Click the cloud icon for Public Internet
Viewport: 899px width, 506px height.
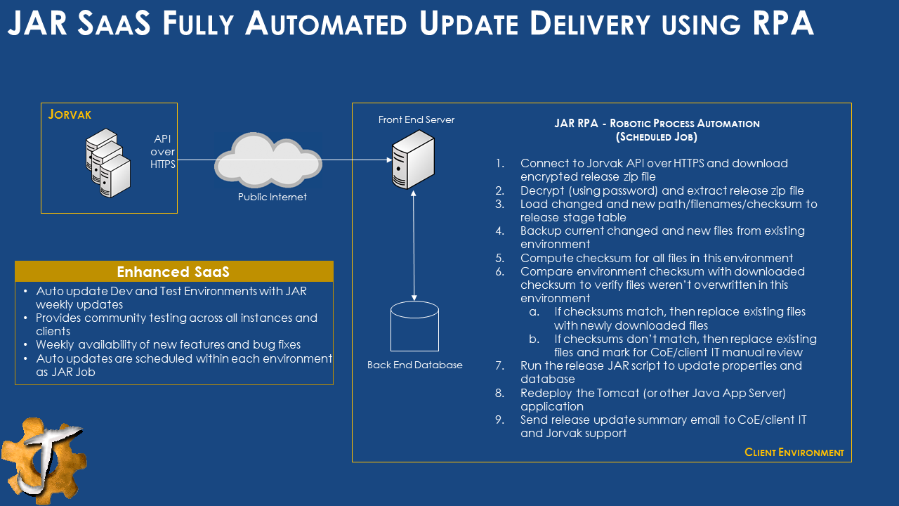pos(268,161)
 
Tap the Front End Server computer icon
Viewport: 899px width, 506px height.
pos(414,159)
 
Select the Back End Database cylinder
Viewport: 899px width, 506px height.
pos(414,325)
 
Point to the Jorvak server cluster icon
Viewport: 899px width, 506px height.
pos(108,163)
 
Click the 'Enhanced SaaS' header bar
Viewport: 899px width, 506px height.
pos(173,272)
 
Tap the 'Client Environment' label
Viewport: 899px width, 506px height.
pos(794,453)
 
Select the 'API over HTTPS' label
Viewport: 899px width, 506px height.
pos(162,152)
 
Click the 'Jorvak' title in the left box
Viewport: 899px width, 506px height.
pos(70,114)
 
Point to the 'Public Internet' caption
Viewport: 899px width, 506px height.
pos(272,197)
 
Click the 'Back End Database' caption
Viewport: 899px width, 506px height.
pos(414,365)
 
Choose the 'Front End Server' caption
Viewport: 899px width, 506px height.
pos(416,119)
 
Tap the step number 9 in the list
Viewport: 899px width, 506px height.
pos(499,420)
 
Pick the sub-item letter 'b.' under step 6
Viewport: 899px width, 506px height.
pos(534,339)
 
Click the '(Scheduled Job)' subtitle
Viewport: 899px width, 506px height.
pos(657,137)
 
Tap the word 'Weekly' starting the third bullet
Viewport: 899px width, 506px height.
pos(55,345)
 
